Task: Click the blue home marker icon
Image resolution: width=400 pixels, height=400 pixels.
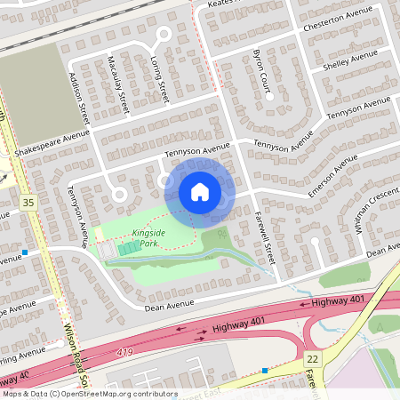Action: point(200,191)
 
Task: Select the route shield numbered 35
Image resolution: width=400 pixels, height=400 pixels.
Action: point(28,203)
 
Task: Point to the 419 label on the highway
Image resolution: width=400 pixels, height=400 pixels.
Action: point(126,353)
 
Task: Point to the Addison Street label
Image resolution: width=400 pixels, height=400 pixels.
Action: point(80,98)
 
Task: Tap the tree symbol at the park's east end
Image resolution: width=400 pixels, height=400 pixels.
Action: point(220,233)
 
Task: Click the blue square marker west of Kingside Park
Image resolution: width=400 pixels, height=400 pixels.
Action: point(26,252)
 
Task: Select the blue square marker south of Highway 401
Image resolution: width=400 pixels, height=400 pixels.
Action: point(265,369)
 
